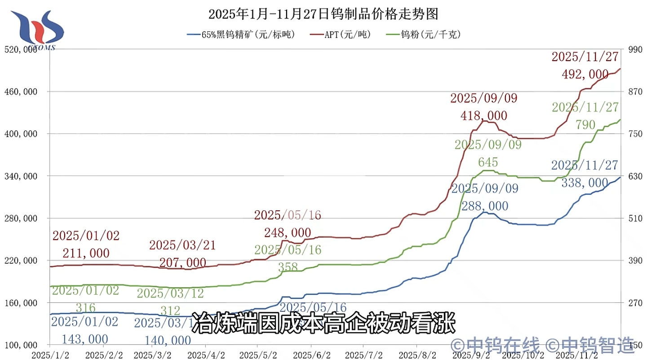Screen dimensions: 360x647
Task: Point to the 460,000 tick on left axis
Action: click(22, 92)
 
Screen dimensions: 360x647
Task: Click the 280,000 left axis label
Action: click(22, 218)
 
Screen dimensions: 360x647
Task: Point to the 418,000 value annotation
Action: click(484, 116)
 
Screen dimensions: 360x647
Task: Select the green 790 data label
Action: click(585, 124)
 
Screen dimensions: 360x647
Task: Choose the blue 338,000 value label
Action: click(585, 182)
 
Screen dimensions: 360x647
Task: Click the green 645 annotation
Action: click(488, 162)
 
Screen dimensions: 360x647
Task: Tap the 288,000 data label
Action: click(485, 206)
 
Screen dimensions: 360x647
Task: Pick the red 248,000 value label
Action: click(288, 232)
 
